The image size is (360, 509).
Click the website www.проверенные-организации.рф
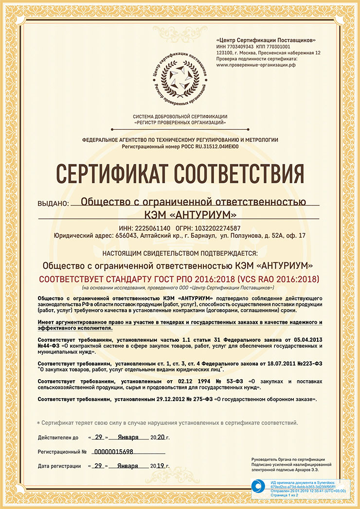[256, 65]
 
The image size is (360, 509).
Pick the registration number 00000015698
[113, 452]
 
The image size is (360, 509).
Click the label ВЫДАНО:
[53, 204]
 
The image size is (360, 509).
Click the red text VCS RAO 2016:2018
[277, 280]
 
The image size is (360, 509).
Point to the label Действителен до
[58, 438]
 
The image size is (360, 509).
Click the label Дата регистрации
[59, 466]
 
